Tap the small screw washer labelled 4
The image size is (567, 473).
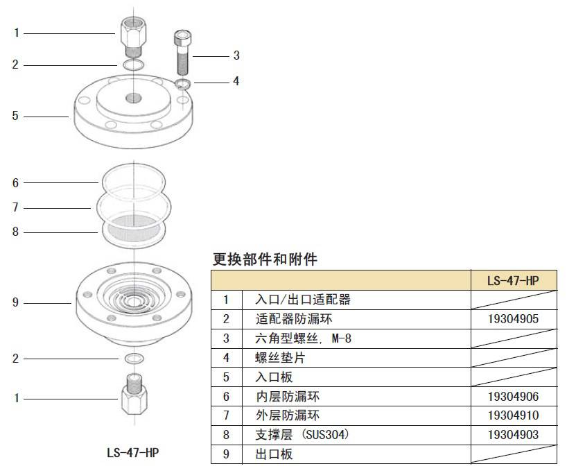coord(182,84)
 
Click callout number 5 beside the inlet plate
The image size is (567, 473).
coord(15,116)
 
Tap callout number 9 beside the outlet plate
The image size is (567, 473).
coord(15,302)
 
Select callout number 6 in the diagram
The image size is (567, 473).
coord(15,183)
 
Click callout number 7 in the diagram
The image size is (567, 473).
coord(15,207)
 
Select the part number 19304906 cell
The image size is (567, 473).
coord(514,397)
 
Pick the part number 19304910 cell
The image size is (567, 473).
coord(514,415)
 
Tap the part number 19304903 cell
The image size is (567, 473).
coord(514,435)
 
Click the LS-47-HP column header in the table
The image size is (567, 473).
coord(514,280)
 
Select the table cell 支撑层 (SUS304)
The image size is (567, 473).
coord(300,435)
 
